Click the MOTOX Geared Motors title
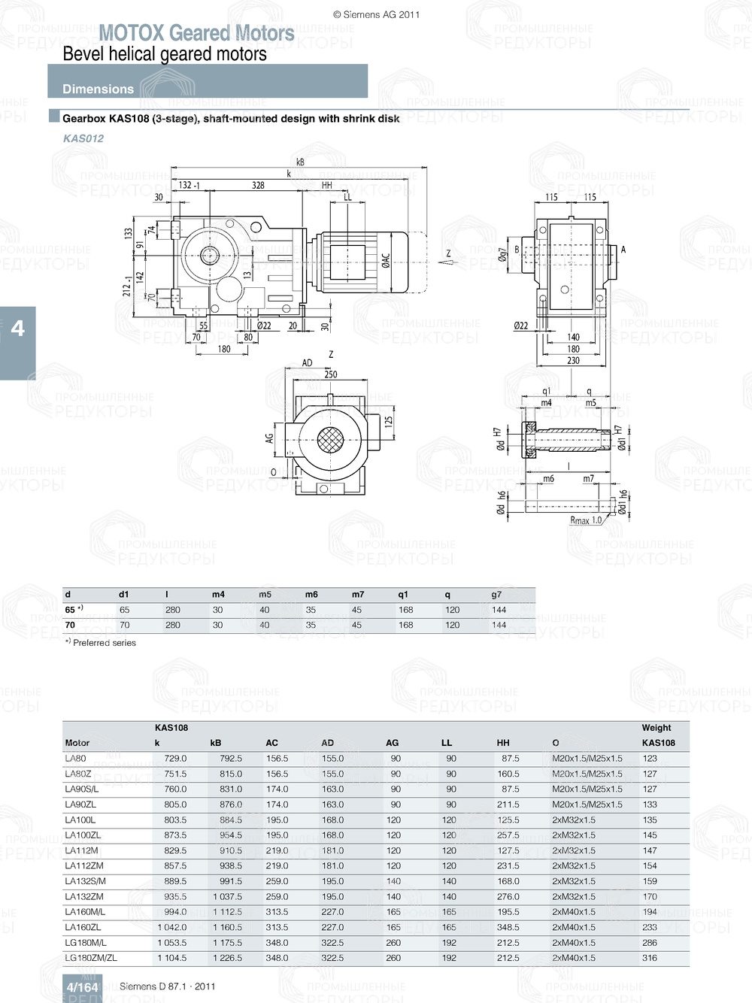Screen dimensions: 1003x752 (x=196, y=33)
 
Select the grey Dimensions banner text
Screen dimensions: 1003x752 (x=98, y=89)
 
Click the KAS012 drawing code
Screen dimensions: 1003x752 (x=83, y=138)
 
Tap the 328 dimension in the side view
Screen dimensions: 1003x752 (x=258, y=185)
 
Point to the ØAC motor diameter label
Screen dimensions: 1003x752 (x=386, y=260)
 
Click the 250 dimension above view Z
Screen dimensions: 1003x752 (x=331, y=374)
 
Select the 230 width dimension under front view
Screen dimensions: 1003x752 (x=573, y=361)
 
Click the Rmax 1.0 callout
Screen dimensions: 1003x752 (x=586, y=520)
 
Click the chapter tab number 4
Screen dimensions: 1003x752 (x=17, y=329)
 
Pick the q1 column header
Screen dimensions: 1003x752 (x=403, y=594)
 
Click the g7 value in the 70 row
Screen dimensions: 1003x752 (x=499, y=625)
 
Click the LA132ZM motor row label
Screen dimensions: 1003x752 (x=84, y=896)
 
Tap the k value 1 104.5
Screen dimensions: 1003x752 (x=172, y=958)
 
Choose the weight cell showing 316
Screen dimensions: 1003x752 (x=650, y=958)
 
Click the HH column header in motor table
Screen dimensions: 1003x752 (x=503, y=743)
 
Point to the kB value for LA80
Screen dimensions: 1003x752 (x=231, y=759)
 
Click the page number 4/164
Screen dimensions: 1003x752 (x=82, y=987)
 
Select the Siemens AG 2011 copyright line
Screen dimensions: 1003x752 (x=376, y=14)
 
